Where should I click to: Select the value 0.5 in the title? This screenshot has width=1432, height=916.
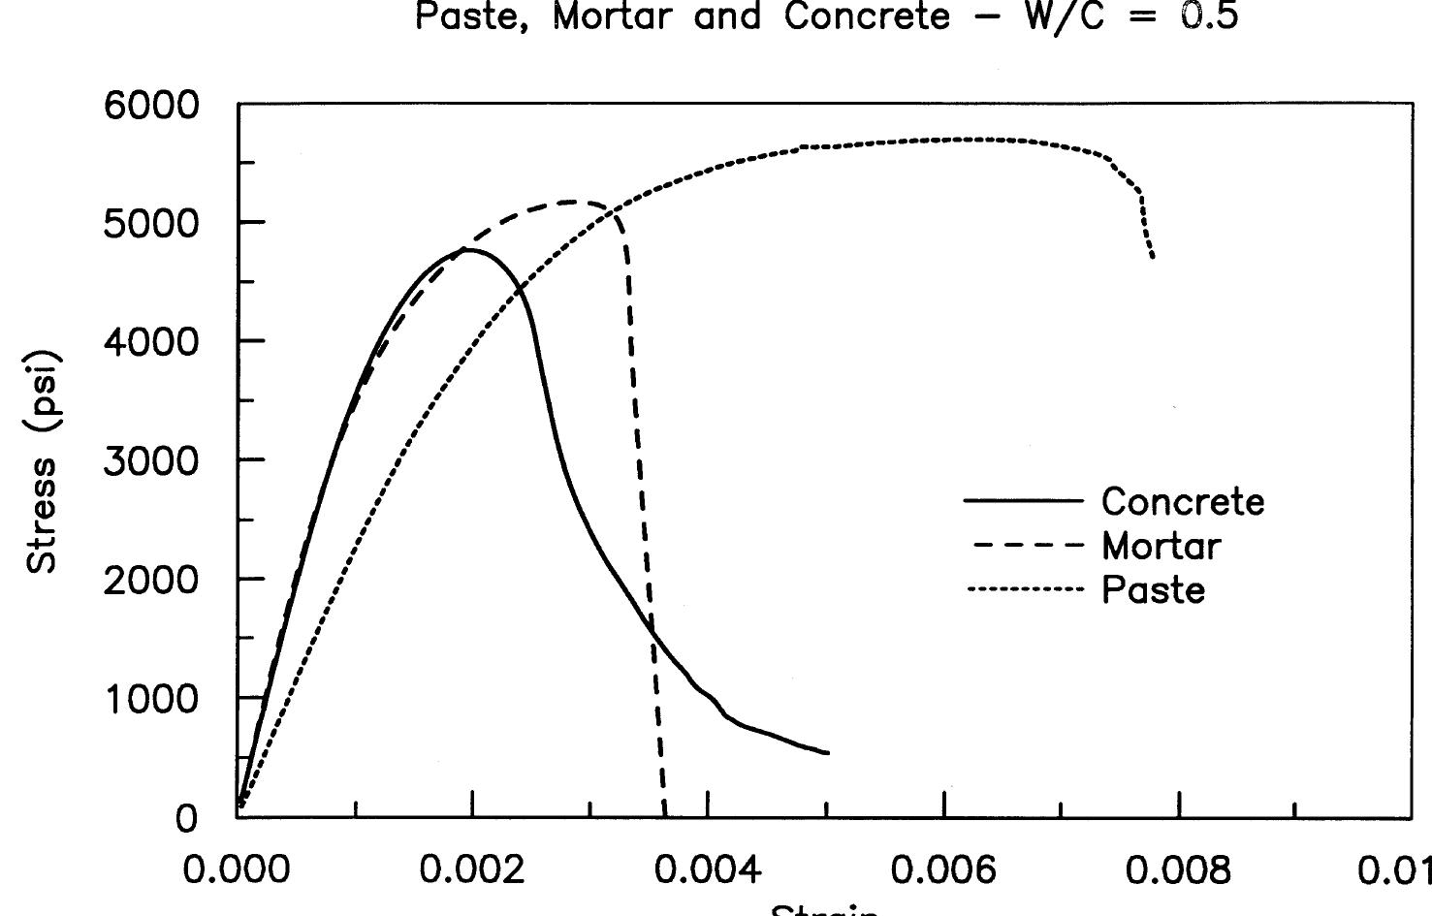tap(1207, 17)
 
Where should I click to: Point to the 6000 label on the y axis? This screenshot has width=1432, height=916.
tap(150, 105)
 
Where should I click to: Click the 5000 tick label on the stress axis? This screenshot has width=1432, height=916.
tap(150, 223)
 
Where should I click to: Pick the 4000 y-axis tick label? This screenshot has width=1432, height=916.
tap(150, 341)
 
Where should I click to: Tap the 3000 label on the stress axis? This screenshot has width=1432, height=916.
tap(150, 459)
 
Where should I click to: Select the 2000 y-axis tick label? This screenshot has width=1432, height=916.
tap(150, 579)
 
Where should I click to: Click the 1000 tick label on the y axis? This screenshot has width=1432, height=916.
tap(150, 698)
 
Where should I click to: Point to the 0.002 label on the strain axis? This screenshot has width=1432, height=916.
tap(472, 870)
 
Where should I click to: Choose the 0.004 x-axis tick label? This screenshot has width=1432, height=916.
tap(708, 870)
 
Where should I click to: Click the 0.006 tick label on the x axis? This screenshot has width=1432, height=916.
tap(943, 870)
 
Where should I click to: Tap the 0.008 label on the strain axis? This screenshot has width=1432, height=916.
tap(1179, 870)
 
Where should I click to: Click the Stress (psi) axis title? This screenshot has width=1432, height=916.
tap(44, 461)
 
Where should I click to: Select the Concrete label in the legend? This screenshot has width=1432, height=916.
tap(1183, 501)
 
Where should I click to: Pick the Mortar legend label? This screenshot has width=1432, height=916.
tap(1161, 546)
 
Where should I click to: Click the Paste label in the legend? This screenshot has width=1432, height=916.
tap(1153, 589)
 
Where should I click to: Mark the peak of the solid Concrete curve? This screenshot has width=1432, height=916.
tap(468, 249)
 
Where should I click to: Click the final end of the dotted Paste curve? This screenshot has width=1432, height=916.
tap(1153, 257)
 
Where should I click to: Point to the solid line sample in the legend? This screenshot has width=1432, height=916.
tap(1023, 500)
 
